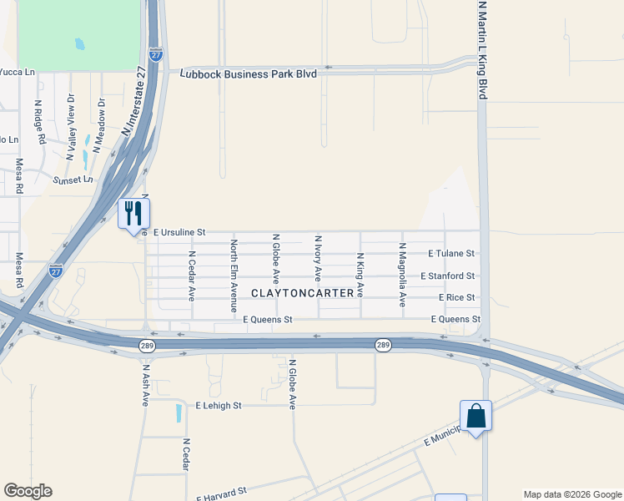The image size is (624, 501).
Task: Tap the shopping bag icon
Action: click(x=476, y=416)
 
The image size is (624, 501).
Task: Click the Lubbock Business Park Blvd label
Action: click(x=249, y=73)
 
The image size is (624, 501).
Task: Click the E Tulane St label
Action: click(x=450, y=253)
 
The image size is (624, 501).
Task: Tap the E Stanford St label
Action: click(x=447, y=276)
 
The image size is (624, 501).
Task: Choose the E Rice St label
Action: click(x=456, y=297)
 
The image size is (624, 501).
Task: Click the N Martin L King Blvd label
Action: click(x=482, y=50)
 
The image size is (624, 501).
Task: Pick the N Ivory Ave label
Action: click(x=318, y=261)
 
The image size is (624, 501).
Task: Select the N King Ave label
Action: click(x=360, y=275)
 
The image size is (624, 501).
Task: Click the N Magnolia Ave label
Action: click(x=402, y=275)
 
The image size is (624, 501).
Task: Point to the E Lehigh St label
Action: click(x=218, y=405)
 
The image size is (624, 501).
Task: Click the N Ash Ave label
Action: click(x=145, y=385)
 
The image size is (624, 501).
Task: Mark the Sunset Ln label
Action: click(x=73, y=180)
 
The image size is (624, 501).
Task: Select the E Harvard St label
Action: click(x=222, y=493)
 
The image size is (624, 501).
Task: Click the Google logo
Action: click(x=28, y=490)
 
